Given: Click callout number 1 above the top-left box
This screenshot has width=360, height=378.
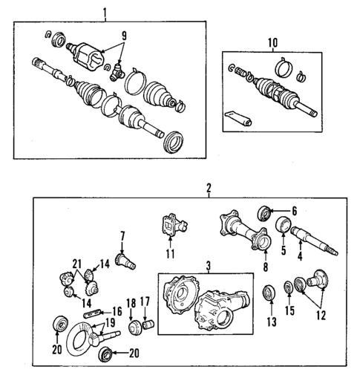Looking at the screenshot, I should pos(105,12).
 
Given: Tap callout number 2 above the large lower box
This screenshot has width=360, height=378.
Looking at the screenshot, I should pos(209,189).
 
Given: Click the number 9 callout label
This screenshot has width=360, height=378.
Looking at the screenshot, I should pos(124,34).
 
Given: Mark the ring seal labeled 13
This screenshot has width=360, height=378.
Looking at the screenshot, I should pos(268,293).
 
